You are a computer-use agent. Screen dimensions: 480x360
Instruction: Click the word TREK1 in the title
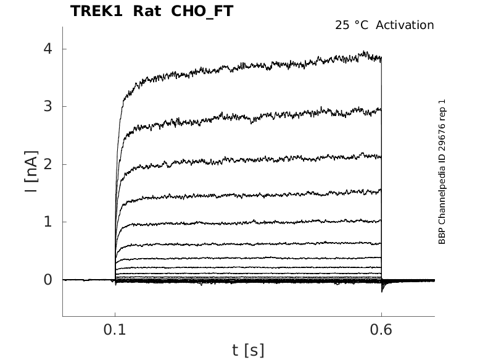tap(96, 11)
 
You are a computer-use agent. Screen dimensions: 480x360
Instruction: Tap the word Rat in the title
tap(147, 11)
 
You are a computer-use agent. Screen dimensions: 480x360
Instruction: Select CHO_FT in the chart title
tap(202, 12)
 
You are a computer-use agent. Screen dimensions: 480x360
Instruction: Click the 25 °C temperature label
tap(352, 25)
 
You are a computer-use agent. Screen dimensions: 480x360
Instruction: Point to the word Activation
tap(405, 25)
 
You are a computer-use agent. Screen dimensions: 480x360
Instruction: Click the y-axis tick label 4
tap(48, 49)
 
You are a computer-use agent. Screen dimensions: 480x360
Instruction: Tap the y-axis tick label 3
tap(48, 106)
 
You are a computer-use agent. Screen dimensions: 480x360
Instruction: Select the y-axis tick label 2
tap(48, 164)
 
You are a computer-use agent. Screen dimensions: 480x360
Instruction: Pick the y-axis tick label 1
tap(48, 222)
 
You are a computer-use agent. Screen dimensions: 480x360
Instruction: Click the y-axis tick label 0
tap(48, 280)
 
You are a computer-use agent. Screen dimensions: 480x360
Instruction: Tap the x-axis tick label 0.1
tap(115, 330)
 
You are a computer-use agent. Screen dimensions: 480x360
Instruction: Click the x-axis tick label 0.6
tap(381, 330)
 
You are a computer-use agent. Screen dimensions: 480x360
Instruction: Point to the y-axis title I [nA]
tap(31, 172)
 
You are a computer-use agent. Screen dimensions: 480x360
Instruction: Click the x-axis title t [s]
tap(248, 350)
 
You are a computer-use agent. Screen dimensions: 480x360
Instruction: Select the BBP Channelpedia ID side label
tap(442, 172)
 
